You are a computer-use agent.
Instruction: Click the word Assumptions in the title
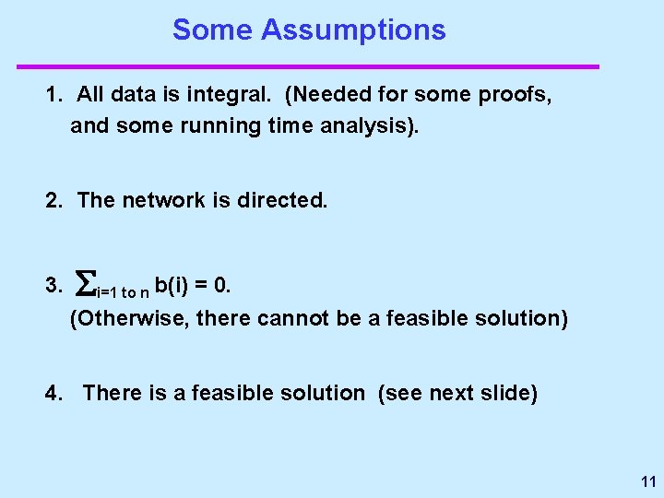tap(353, 30)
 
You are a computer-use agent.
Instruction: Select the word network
tap(161, 200)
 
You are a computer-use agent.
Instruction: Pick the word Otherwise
tap(117, 319)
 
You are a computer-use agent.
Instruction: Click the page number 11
tap(646, 481)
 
